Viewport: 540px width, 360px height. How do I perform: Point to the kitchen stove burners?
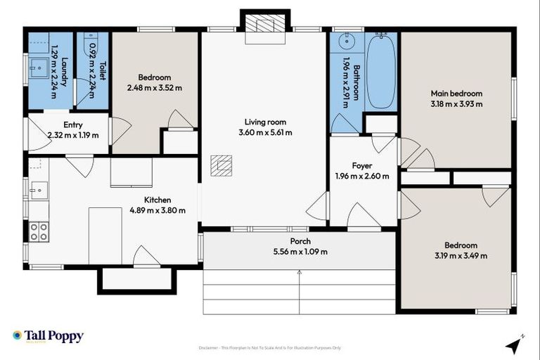click(x=38, y=231)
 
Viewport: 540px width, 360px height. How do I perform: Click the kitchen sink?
click(x=38, y=190)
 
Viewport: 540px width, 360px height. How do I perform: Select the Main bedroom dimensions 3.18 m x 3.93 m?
click(x=456, y=104)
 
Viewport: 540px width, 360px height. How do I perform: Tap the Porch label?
click(x=300, y=241)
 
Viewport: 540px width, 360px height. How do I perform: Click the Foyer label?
click(x=361, y=166)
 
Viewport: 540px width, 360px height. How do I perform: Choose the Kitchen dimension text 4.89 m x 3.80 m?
click(x=157, y=210)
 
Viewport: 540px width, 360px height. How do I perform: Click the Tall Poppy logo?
click(x=48, y=336)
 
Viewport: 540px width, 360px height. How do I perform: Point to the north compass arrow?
click(x=515, y=345)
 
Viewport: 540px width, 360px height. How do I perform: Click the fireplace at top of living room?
click(x=265, y=25)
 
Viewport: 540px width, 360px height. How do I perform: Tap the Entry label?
click(x=72, y=124)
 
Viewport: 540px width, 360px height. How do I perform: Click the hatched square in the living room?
click(x=223, y=165)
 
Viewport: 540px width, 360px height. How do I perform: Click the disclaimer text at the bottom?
click(x=270, y=347)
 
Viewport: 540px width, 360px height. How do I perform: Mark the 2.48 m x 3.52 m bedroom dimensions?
click(x=154, y=88)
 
